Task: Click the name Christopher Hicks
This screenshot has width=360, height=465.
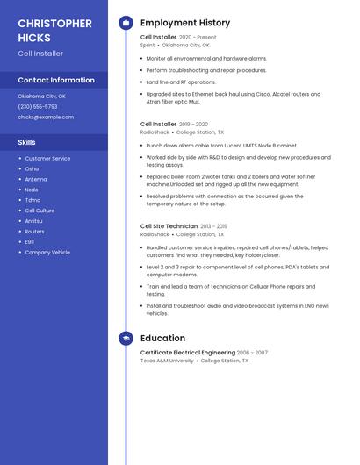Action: coord(54,31)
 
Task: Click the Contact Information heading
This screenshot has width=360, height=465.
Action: coord(56,80)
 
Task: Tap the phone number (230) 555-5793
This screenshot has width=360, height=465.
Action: coord(39,107)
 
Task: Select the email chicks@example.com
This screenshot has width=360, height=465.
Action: coord(40,117)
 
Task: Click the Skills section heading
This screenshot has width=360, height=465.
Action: coord(27,142)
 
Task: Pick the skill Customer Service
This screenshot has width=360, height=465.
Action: coord(47,159)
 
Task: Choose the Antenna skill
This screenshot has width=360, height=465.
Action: coord(36,179)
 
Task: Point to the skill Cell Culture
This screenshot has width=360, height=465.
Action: coord(40,211)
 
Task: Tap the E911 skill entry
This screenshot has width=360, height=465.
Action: coord(30,242)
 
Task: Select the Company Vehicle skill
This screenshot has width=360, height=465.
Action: coord(47,253)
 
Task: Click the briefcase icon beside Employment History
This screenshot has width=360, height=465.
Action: coord(126,23)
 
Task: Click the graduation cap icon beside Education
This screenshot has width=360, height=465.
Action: coord(126,338)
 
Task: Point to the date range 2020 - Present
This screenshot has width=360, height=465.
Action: coord(198,38)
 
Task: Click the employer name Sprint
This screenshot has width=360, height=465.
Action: coord(148,45)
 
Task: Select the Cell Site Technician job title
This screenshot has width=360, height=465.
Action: coord(169,226)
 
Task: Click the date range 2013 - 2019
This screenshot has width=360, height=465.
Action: coord(214,226)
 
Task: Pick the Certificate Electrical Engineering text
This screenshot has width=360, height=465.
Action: coord(188,353)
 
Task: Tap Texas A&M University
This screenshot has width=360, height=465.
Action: coord(167,361)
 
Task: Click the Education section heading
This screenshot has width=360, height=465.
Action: coord(162,338)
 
